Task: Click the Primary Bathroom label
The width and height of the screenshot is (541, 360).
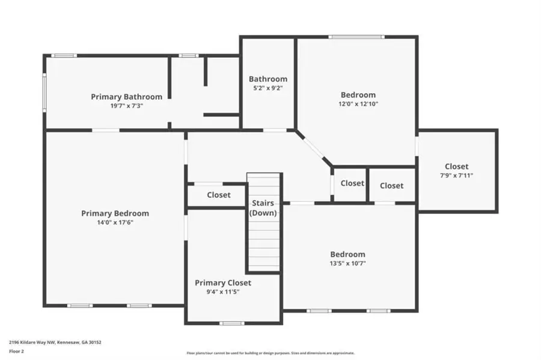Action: pos(126,96)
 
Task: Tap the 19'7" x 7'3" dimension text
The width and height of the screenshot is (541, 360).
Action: pos(126,105)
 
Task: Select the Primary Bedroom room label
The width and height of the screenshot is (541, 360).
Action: pos(115,213)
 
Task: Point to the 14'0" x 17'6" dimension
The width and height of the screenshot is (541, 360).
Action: pos(115,222)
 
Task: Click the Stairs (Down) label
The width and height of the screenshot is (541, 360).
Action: pos(264,208)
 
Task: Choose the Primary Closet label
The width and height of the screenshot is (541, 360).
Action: pos(222,282)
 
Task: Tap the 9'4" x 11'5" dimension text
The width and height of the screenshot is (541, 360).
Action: pos(222,292)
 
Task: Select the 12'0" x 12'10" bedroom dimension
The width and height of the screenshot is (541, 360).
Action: pos(358,103)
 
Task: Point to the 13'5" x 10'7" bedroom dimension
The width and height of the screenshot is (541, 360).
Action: pos(347,263)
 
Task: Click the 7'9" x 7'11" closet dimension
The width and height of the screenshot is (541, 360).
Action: pos(457,175)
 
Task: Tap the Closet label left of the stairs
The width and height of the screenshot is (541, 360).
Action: pos(219,195)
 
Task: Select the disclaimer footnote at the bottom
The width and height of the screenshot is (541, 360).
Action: pos(270,353)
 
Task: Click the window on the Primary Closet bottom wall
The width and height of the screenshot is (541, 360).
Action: pos(231,323)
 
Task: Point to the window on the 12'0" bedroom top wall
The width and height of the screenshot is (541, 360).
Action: pos(356,38)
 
